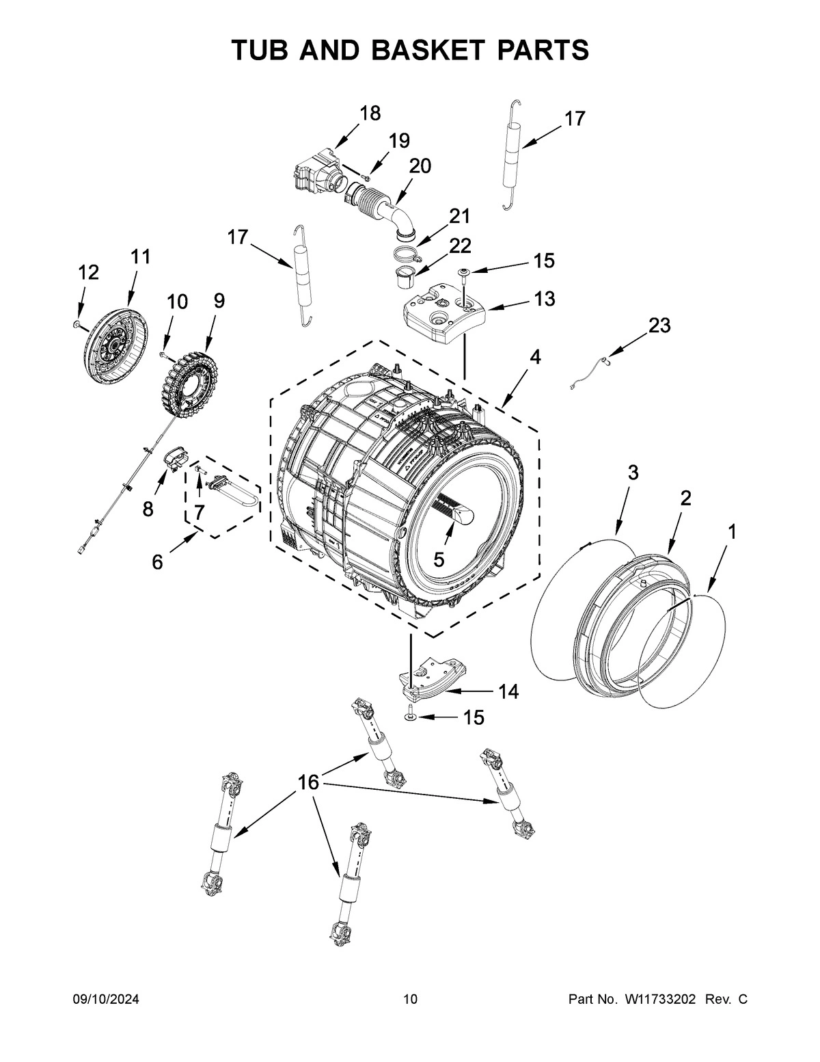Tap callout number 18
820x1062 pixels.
[370, 113]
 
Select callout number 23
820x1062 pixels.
[659, 326]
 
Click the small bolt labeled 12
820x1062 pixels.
[78, 323]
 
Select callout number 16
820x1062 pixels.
[309, 782]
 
